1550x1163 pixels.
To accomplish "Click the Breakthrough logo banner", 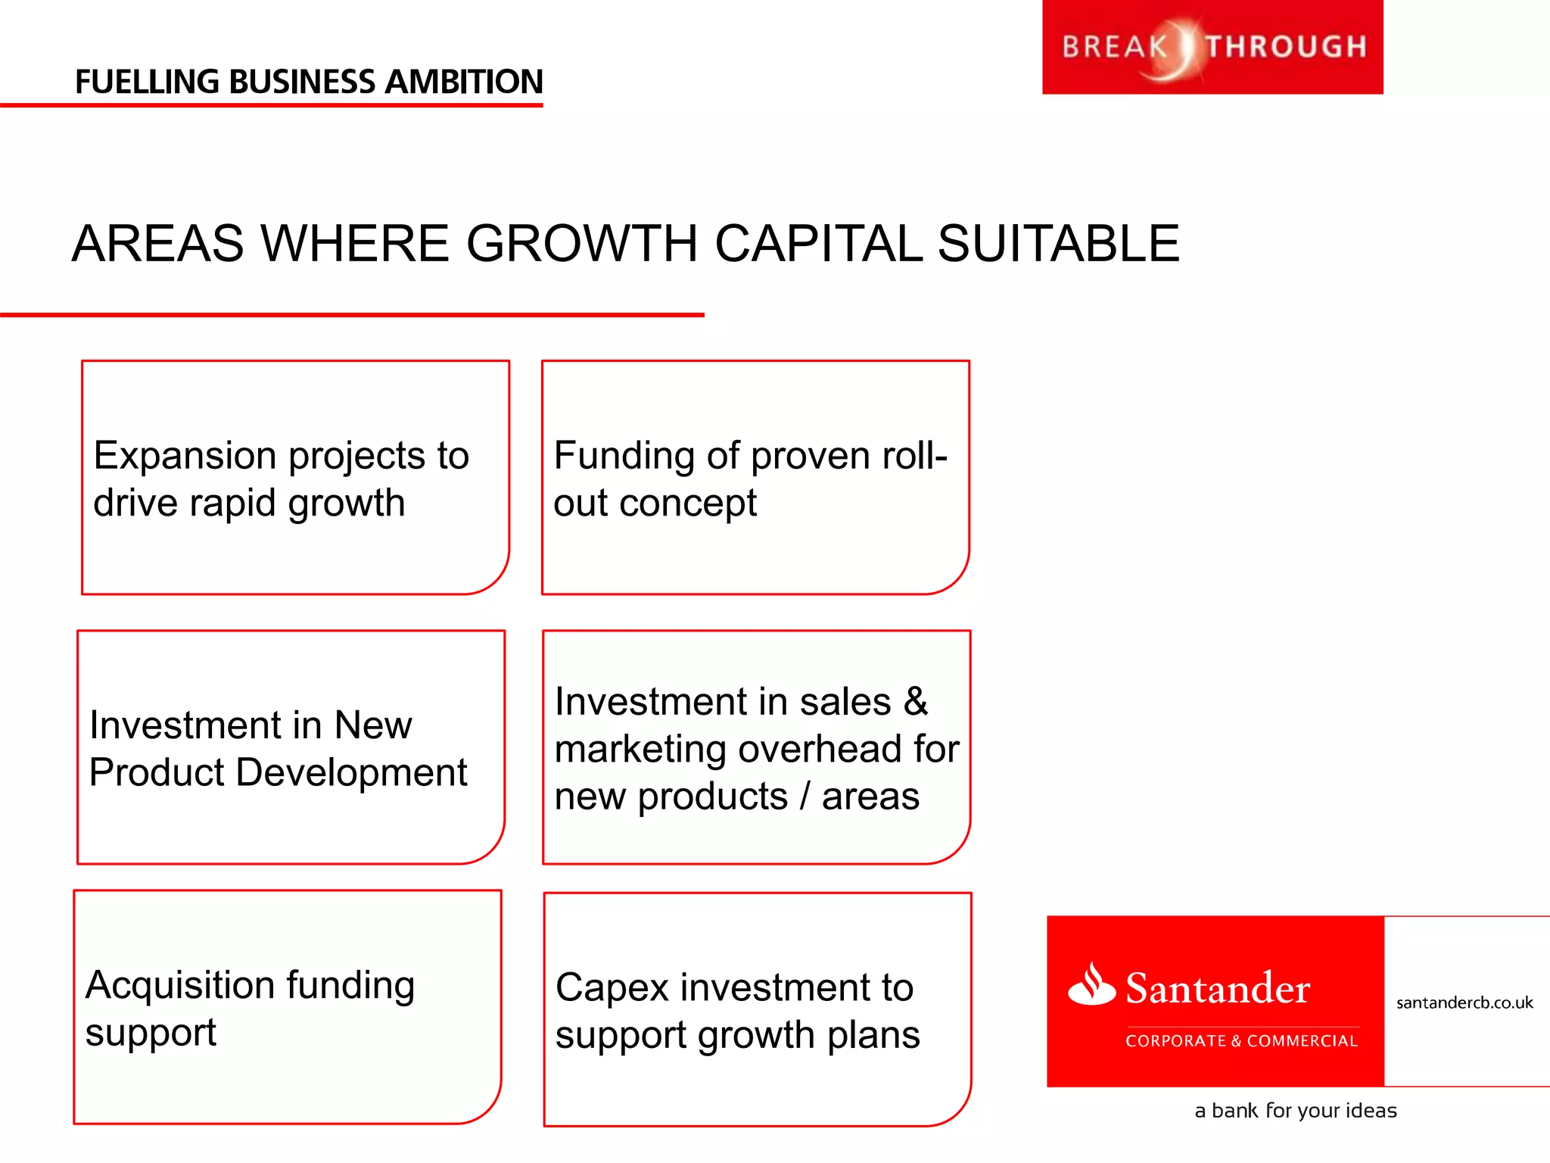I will click(x=1212, y=47).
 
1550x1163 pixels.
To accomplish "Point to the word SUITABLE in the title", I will click(x=1058, y=244).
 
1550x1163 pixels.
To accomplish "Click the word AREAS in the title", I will click(x=157, y=244).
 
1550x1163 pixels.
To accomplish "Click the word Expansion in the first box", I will click(x=184, y=456).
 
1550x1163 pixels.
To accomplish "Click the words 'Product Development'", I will click(x=278, y=773).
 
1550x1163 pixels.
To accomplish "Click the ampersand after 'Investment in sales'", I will click(x=916, y=701).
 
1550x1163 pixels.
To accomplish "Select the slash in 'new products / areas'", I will click(x=805, y=797).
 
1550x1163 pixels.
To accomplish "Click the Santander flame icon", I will click(x=1091, y=984).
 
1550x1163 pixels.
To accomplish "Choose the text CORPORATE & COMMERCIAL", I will click(x=1241, y=1041).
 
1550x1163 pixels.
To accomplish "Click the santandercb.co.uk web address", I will click(x=1464, y=1003).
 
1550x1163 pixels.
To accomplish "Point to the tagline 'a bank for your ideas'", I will click(x=1295, y=1111).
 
